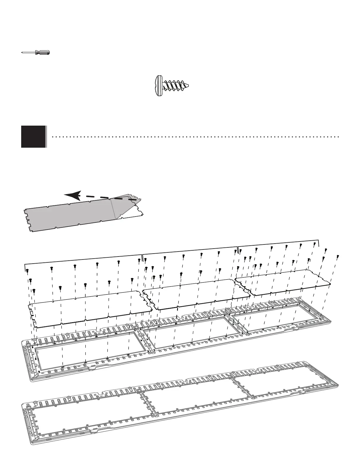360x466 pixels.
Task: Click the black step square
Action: pos(34,137)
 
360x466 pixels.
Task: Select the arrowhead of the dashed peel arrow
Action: pos(72,195)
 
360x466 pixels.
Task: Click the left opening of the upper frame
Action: pos(91,350)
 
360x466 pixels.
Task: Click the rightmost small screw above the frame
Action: pos(338,257)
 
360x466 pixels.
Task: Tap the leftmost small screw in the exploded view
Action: pos(27,270)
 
